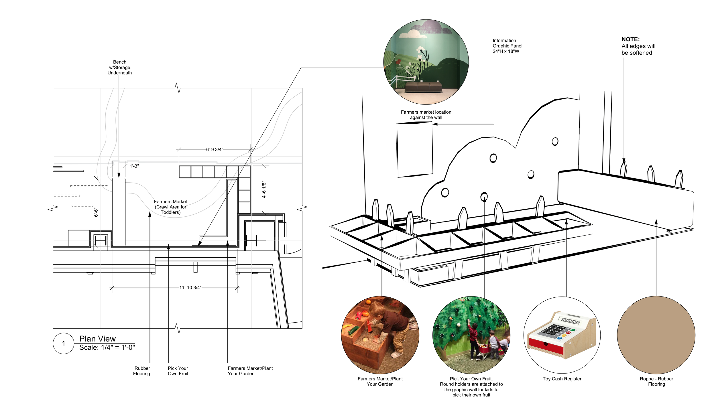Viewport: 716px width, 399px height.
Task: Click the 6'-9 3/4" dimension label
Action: [215, 149]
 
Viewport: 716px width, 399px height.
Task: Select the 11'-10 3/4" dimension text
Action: [190, 287]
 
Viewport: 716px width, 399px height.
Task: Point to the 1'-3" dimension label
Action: [134, 166]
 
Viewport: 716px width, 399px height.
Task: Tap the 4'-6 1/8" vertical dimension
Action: [264, 189]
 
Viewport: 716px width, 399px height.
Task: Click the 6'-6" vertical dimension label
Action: [96, 212]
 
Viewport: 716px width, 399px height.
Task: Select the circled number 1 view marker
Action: [64, 343]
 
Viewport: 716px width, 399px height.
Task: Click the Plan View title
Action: [97, 339]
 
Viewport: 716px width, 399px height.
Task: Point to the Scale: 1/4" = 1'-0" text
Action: [107, 347]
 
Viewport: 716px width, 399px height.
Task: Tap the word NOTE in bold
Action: [630, 39]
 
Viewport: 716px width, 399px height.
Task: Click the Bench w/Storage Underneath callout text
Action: [119, 67]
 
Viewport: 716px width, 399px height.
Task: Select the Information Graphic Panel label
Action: [507, 46]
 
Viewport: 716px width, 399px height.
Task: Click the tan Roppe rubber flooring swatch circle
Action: [656, 335]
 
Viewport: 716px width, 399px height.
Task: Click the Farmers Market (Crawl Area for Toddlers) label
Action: [170, 207]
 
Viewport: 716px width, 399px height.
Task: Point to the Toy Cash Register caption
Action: [562, 379]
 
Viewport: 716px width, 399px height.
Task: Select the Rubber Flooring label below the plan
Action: [142, 371]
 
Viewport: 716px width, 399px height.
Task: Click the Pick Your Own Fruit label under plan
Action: [178, 371]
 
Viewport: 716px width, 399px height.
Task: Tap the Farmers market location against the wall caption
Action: [426, 114]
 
